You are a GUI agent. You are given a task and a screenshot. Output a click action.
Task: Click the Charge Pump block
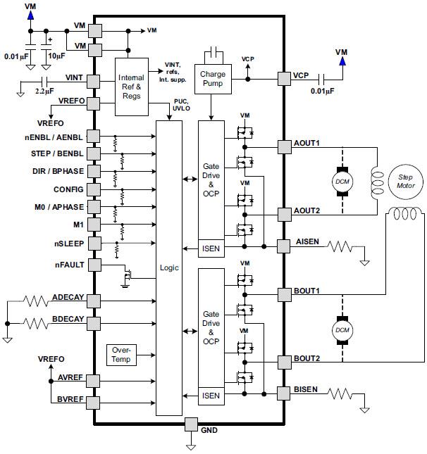click(x=212, y=78)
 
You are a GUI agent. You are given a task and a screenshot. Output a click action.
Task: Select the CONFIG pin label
click(x=68, y=189)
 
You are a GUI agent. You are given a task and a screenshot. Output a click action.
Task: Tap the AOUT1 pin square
click(x=284, y=146)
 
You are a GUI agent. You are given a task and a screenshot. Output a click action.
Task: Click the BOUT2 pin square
click(x=284, y=362)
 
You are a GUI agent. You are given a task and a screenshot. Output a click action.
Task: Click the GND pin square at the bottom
click(x=191, y=425)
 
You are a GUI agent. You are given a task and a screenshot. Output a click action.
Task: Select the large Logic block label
click(x=170, y=267)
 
